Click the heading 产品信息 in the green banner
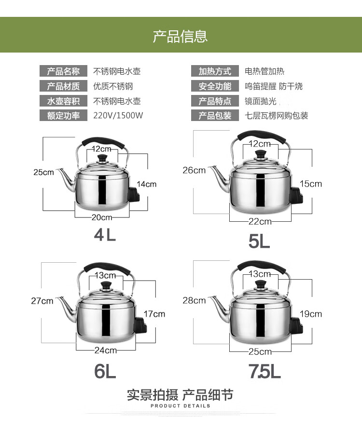(x=181, y=36)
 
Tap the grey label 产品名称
(x=63, y=71)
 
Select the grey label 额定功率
(x=63, y=116)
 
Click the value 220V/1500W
(x=118, y=116)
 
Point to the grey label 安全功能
(x=215, y=86)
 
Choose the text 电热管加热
(x=265, y=71)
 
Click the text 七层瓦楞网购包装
(x=277, y=116)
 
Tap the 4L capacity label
(x=105, y=235)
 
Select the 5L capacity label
(x=259, y=241)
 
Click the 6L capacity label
(x=105, y=371)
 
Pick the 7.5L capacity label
(x=265, y=371)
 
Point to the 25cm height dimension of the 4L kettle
(x=43, y=172)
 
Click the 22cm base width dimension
(x=260, y=221)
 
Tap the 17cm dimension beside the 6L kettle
(x=154, y=314)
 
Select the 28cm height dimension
(x=194, y=300)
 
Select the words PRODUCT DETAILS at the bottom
(x=181, y=406)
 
